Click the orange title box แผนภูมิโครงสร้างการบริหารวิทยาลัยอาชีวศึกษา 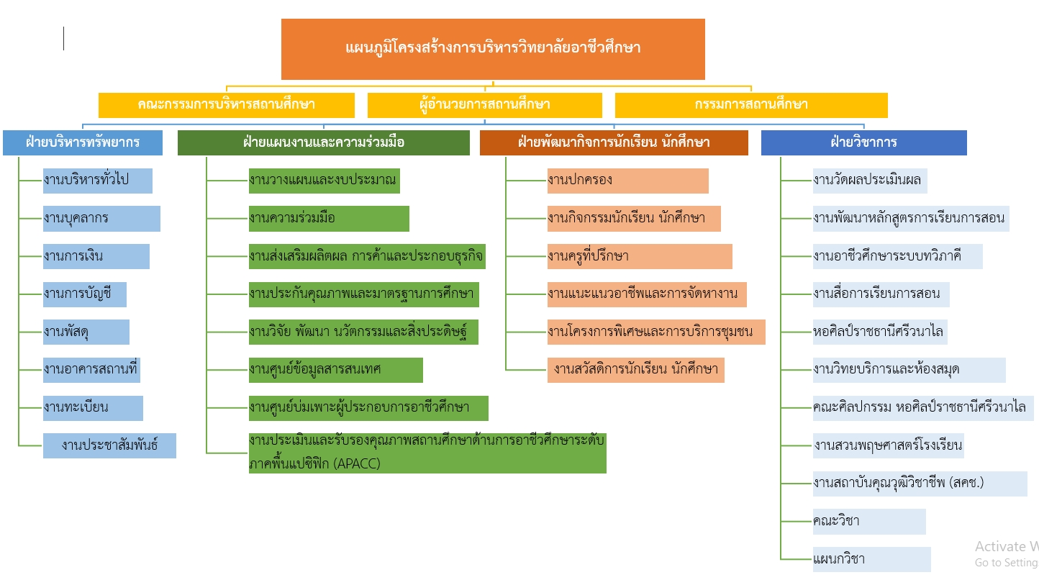493,49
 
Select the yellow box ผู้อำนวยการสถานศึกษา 485,105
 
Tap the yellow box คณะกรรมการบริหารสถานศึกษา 227,105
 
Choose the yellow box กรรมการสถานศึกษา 751,105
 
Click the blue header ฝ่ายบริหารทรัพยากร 83,143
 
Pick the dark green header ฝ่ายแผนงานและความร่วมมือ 324,143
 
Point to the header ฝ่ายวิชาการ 864,143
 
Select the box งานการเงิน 96,257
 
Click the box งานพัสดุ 86,332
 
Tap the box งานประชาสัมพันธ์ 109,446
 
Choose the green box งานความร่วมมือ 329,219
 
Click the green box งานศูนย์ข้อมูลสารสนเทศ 336,371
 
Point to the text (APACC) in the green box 357,463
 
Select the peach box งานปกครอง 628,181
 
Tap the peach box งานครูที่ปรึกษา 640,257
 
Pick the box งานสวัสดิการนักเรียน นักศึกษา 636,371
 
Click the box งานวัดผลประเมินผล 870,181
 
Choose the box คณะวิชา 869,522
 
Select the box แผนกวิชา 872,560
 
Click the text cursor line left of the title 63,39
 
